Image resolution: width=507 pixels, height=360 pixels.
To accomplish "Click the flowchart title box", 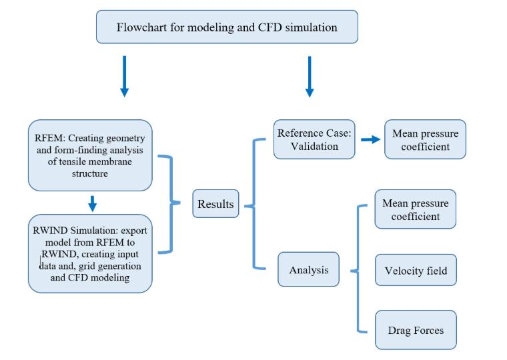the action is point(227,27).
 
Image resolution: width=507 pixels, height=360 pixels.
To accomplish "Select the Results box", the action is point(215,203).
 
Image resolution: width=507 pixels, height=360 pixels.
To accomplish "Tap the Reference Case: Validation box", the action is point(314,139).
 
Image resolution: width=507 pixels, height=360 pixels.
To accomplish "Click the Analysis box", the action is point(308,269).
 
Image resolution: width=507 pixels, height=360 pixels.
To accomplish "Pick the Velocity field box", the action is point(416,270).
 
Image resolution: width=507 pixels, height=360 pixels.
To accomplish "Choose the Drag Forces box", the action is point(416,330).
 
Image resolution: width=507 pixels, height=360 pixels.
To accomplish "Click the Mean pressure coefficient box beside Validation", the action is point(425,139).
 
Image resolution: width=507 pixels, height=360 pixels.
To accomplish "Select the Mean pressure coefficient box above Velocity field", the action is point(416,209).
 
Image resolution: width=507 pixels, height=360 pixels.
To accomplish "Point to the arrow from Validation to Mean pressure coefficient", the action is point(370,139).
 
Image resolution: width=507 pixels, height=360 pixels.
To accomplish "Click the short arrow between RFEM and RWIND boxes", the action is point(93,203).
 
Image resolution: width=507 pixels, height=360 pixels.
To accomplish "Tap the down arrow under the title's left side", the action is point(125,76).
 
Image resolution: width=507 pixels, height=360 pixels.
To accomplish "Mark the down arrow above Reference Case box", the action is point(310,77).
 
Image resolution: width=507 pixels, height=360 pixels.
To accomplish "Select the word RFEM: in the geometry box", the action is point(50,138).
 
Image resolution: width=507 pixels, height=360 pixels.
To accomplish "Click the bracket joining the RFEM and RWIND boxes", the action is point(171,203).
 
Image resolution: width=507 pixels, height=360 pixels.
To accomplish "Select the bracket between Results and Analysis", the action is point(254,204).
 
